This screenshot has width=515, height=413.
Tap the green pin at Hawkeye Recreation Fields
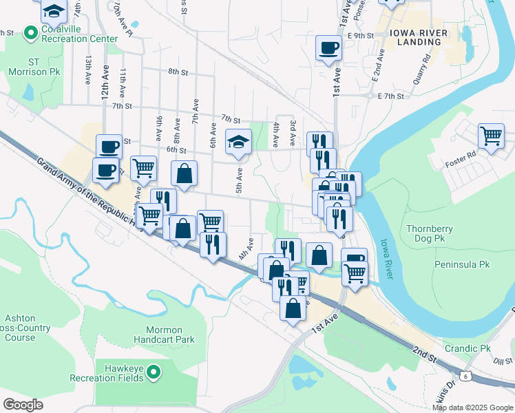(x=154, y=373)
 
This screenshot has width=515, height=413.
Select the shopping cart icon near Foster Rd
(x=491, y=136)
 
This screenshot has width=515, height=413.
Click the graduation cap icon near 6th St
(x=238, y=142)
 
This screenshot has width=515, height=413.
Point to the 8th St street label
(x=178, y=72)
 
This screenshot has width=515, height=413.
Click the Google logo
(x=23, y=405)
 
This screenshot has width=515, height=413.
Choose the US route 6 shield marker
(x=466, y=375)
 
